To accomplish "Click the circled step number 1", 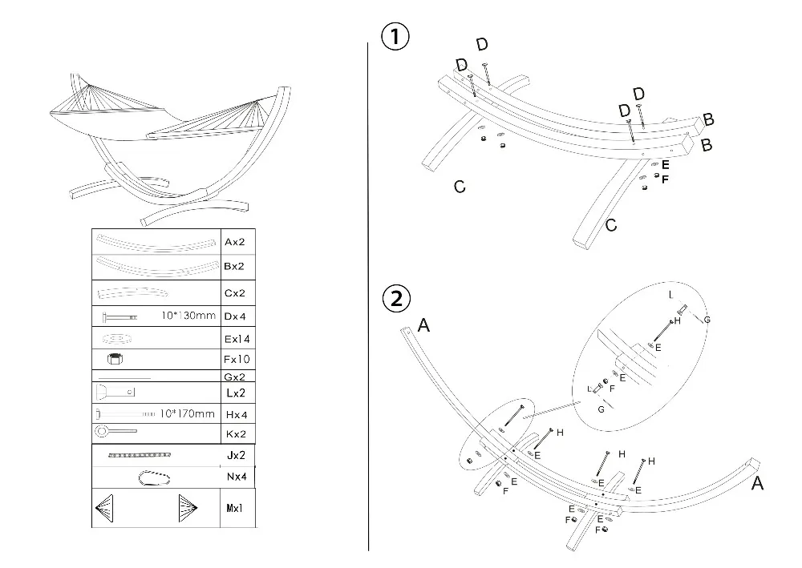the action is coord(395,36).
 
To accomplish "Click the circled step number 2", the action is coord(396,298).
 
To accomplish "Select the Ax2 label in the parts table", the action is coord(235,242).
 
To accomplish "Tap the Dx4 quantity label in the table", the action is coord(235,316).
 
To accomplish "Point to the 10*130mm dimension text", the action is coord(188,315).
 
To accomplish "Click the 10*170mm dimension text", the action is coord(187,413).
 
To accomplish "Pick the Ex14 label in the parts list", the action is coord(237,339).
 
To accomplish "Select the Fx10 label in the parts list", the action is coord(237,359).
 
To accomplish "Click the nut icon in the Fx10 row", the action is coord(115,359).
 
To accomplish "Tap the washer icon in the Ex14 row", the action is coord(117,338).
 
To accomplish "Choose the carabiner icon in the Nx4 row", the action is coord(154,478).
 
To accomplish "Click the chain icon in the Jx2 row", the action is coord(139,454).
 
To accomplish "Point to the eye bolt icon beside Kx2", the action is coord(115,432).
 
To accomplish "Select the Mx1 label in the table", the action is coord(235,508).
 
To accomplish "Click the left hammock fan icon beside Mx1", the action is coord(104,508).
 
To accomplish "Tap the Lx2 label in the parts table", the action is coord(236,393).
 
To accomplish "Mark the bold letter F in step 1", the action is coord(665,179).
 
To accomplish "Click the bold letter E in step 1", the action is coord(666,164).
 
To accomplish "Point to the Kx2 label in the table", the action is coord(236,433).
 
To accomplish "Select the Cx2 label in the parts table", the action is coord(235,293).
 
